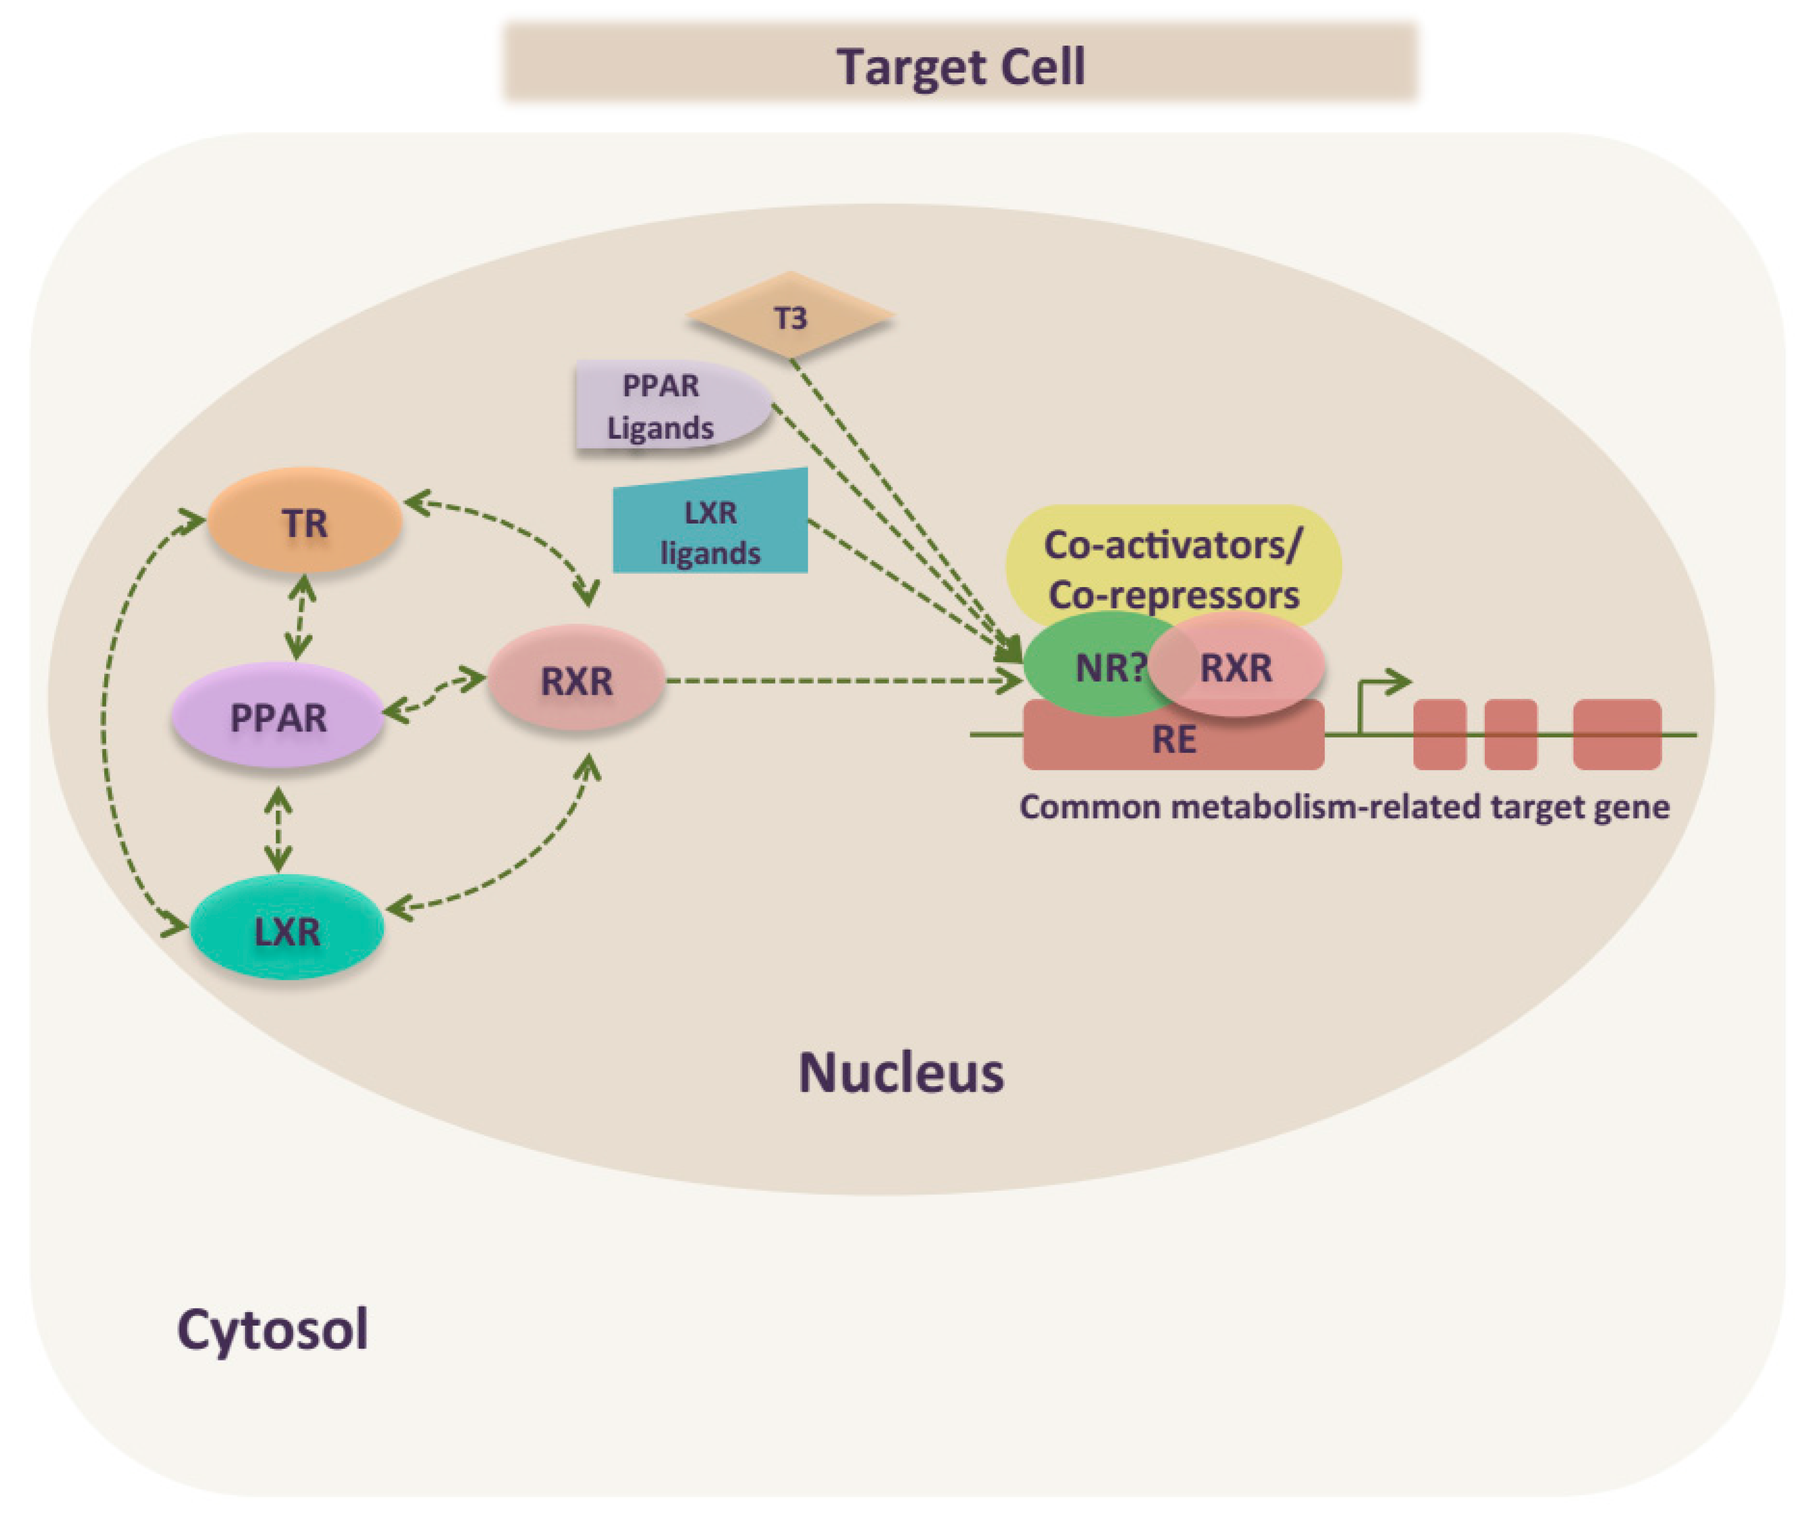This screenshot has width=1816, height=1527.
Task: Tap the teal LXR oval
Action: point(287,927)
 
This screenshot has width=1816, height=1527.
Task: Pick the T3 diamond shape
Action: point(790,315)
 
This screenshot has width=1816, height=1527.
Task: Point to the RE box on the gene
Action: point(1174,736)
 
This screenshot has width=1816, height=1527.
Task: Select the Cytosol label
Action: point(273,1331)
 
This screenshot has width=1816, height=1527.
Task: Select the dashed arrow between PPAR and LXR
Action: point(277,829)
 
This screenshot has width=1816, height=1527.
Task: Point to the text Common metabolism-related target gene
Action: point(1344,807)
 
